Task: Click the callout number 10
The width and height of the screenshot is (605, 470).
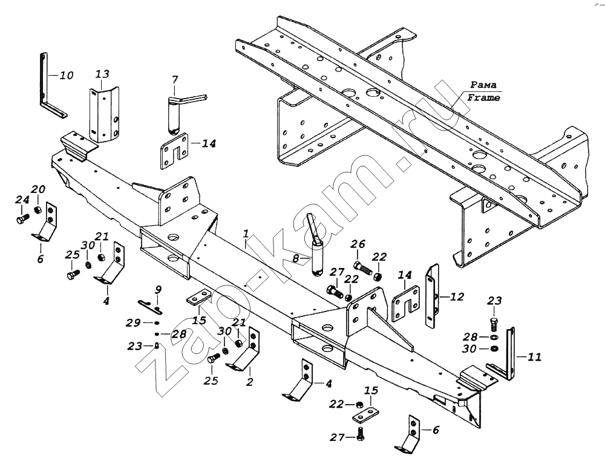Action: (x=67, y=75)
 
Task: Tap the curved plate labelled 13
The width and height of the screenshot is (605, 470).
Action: (x=104, y=114)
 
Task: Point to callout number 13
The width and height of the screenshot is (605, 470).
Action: (x=103, y=74)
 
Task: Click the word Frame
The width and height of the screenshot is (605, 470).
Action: (x=483, y=97)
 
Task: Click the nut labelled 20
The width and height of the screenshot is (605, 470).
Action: (x=38, y=210)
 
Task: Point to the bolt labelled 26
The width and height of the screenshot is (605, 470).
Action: (x=362, y=267)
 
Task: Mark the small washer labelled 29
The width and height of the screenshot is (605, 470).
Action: (x=157, y=322)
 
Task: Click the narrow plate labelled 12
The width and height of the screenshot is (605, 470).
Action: (x=432, y=296)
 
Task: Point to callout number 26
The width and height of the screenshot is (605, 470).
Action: (x=358, y=244)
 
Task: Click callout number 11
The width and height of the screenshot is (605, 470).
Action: (x=534, y=357)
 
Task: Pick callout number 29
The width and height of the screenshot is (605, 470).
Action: (x=134, y=322)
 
